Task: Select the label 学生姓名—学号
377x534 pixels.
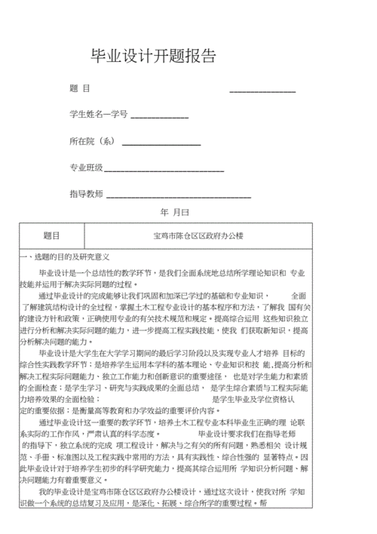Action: click(x=98, y=115)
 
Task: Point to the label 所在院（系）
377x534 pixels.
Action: click(x=92, y=141)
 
